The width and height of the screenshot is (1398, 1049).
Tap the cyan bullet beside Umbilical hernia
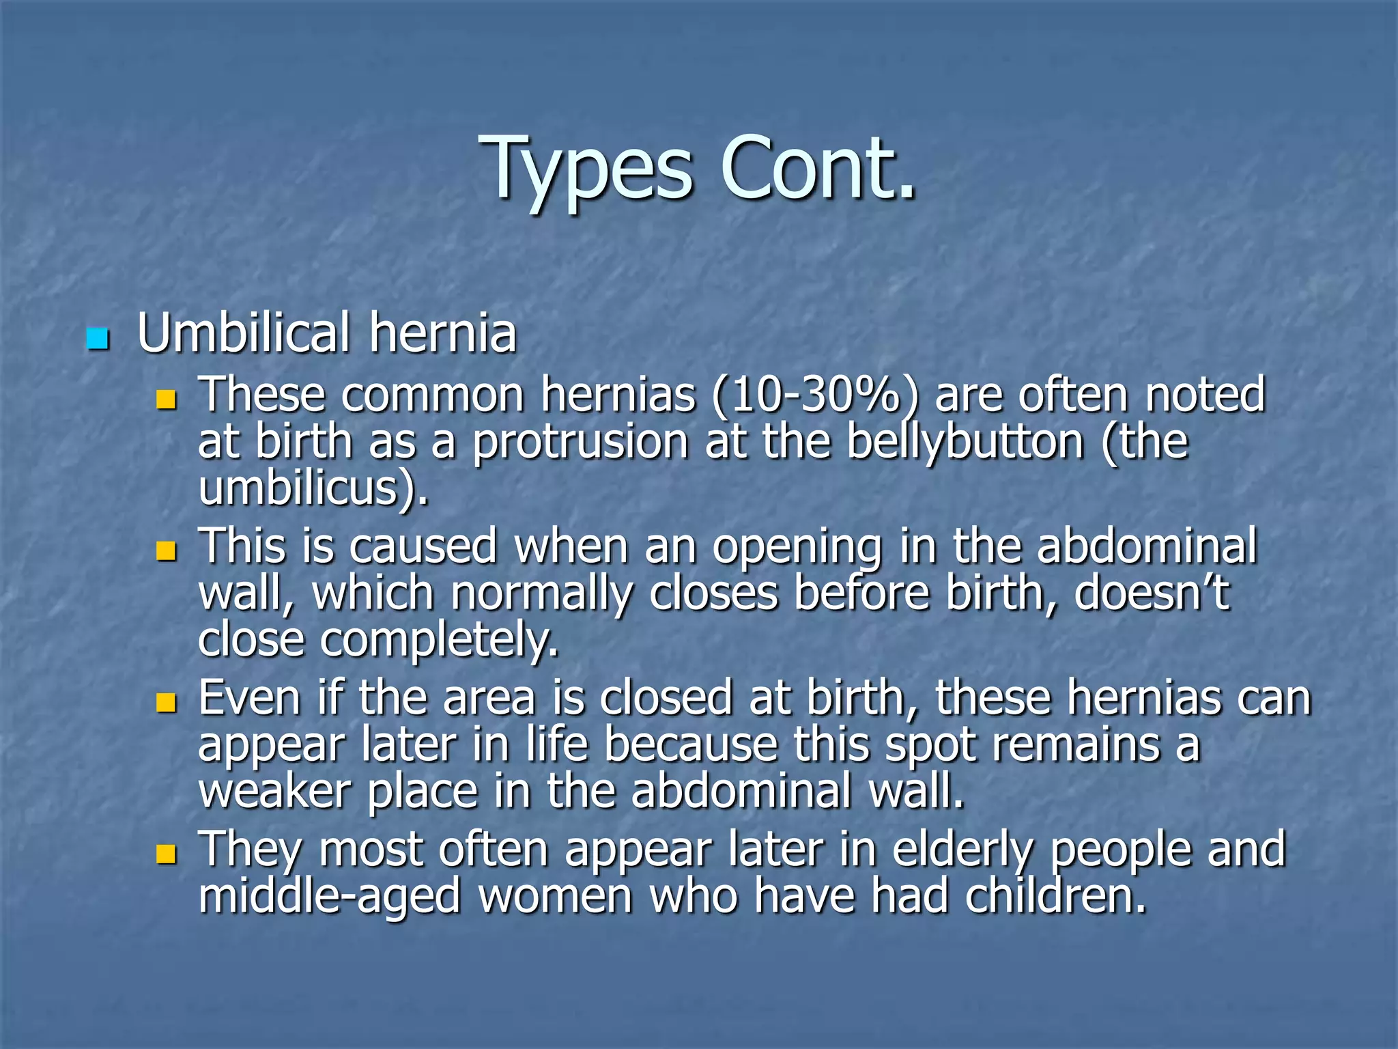98,339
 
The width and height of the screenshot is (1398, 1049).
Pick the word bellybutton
965,442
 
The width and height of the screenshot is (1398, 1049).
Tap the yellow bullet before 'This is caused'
166,550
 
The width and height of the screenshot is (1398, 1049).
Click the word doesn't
1152,593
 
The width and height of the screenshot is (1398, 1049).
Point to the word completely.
439,640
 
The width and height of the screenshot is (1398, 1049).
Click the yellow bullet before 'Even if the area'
166,702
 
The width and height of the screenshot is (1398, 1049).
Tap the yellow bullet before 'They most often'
166,854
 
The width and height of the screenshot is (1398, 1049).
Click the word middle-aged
330,897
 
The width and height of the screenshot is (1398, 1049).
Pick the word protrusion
580,443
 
